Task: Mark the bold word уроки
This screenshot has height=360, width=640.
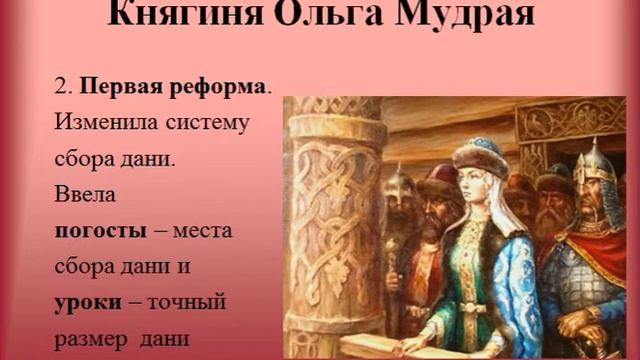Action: point(85,301)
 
